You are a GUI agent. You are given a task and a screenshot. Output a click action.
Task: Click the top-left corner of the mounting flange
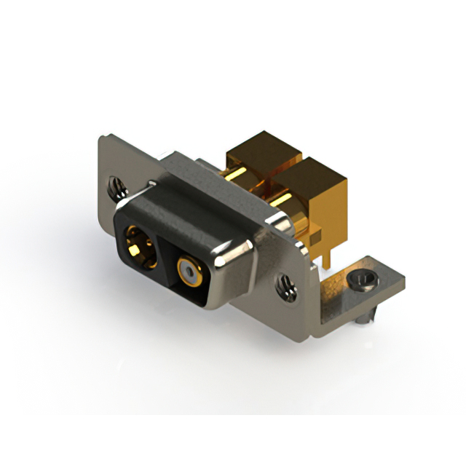pos(101,138)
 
